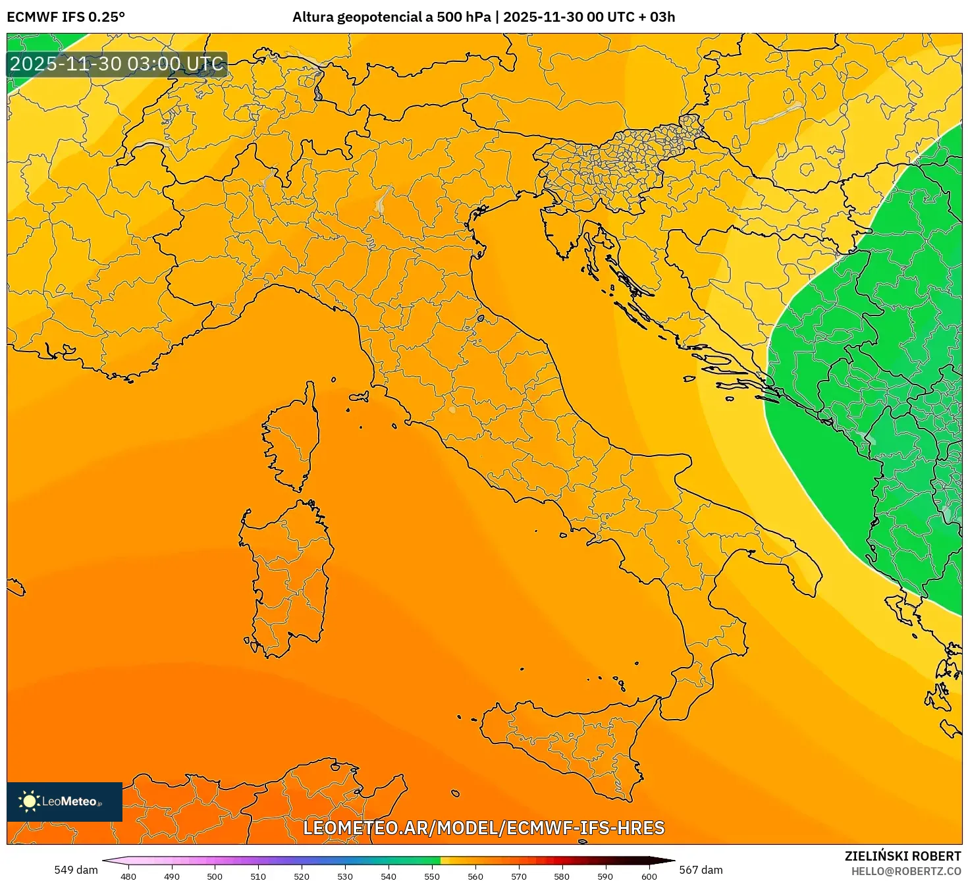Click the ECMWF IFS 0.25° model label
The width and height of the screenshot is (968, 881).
coord(66,17)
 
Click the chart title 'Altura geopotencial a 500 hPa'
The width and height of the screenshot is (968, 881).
coord(391,17)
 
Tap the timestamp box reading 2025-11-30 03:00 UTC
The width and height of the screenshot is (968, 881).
coord(117,64)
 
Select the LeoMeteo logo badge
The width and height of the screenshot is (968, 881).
coord(65,801)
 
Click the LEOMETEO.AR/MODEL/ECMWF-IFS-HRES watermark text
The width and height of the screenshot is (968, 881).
coord(484,828)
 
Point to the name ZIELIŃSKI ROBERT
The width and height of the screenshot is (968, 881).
coord(902,856)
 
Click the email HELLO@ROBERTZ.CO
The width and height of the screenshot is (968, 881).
coord(905,871)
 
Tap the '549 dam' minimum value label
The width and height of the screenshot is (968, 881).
coord(76,870)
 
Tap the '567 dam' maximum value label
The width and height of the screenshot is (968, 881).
coord(701,870)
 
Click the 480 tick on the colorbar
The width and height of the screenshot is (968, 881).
coord(128,876)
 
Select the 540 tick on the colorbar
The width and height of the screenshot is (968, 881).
coord(389,876)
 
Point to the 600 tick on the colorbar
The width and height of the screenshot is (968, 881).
coord(649,876)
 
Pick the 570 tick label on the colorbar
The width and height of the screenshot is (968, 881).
coord(519,876)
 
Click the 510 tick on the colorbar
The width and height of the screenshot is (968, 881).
coord(258,876)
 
